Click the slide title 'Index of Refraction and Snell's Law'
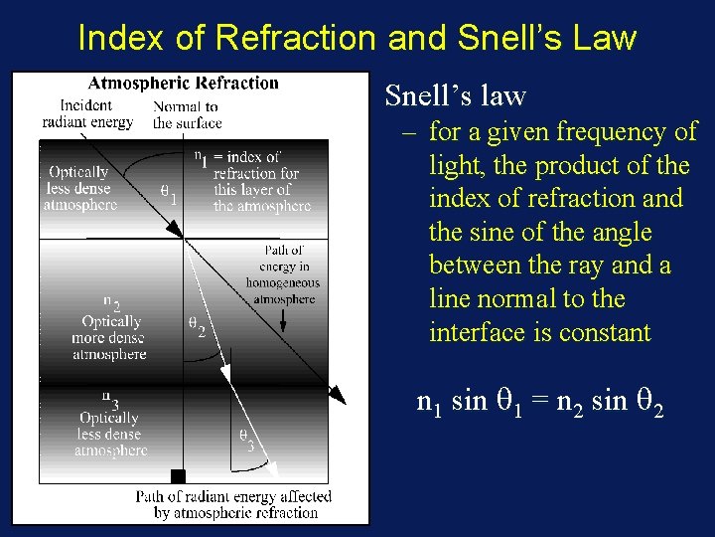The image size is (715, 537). [x=357, y=38]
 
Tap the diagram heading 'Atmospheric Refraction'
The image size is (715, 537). [x=184, y=84]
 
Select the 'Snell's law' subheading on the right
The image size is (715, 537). [x=455, y=96]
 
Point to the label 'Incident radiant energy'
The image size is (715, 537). [x=87, y=114]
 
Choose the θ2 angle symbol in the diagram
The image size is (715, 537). [x=198, y=325]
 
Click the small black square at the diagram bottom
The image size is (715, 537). [x=178, y=476]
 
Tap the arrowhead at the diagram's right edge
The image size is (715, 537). [x=338, y=397]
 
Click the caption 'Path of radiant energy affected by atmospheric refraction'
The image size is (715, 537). [x=234, y=504]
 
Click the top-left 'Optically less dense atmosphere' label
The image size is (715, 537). [x=79, y=189]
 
